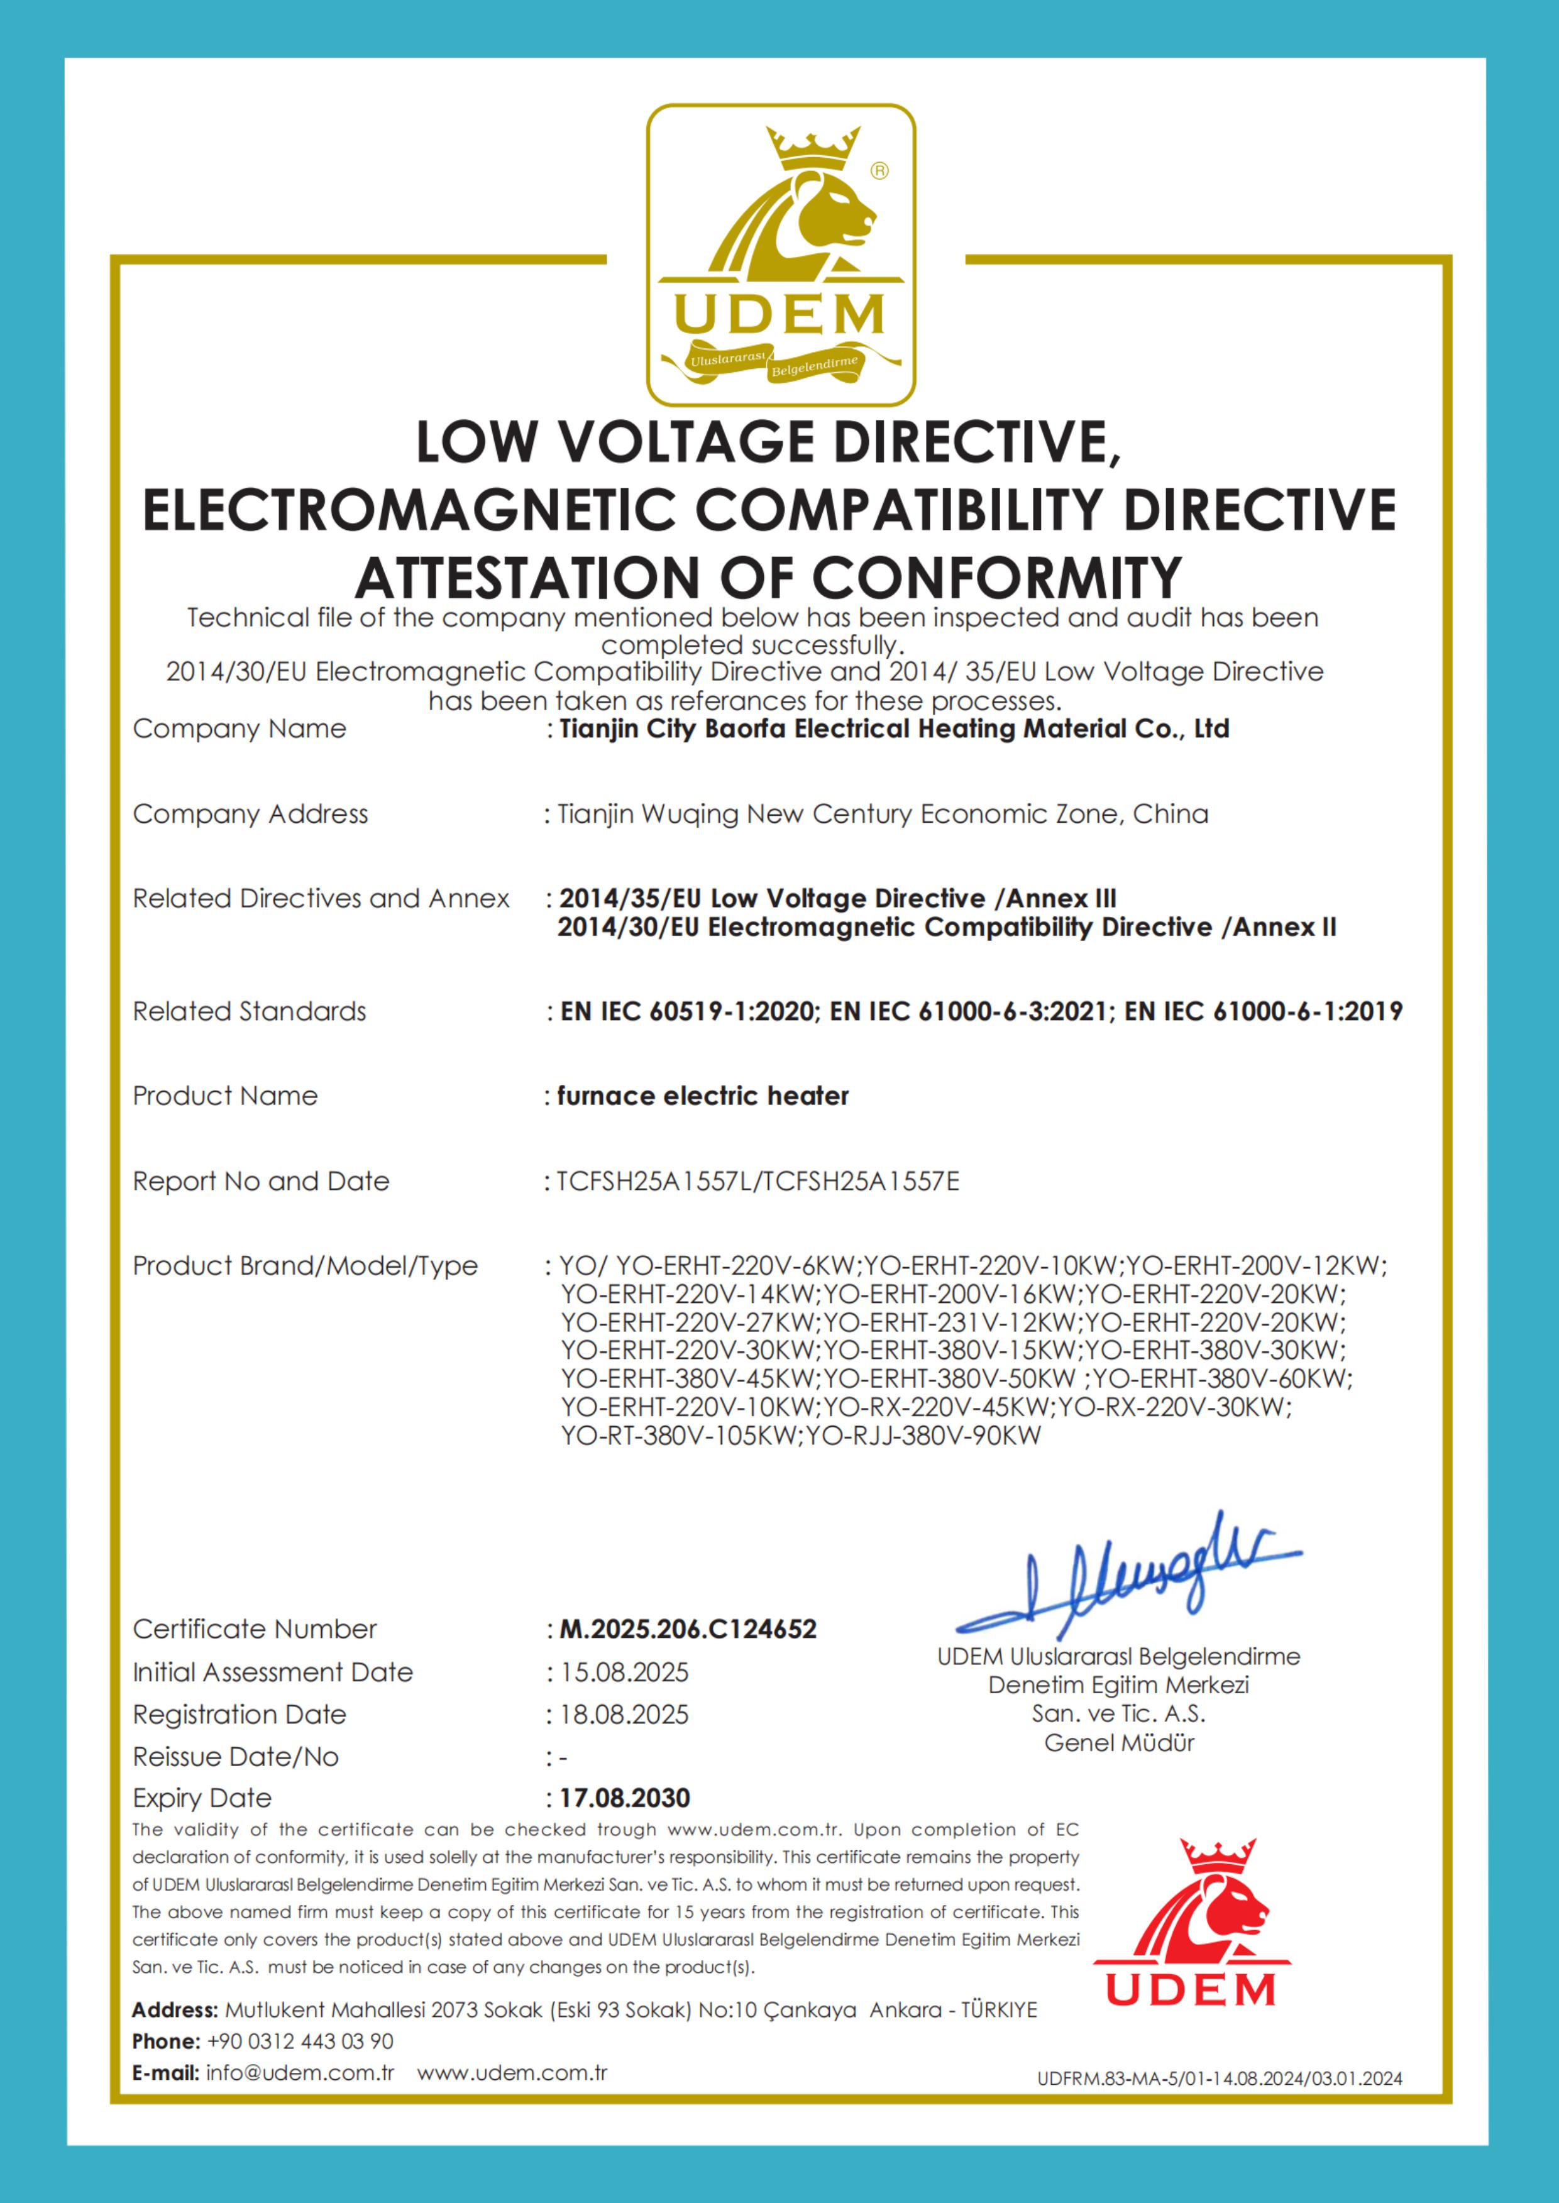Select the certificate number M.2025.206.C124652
(687, 1629)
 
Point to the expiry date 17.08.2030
(625, 1798)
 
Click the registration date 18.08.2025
(624, 1715)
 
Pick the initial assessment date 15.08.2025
(624, 1672)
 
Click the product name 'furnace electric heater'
(703, 1096)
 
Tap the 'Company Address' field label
(251, 814)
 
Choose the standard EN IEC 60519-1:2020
(687, 1012)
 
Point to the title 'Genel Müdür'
(1120, 1743)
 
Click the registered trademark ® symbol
(879, 171)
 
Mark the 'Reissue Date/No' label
(236, 1757)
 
